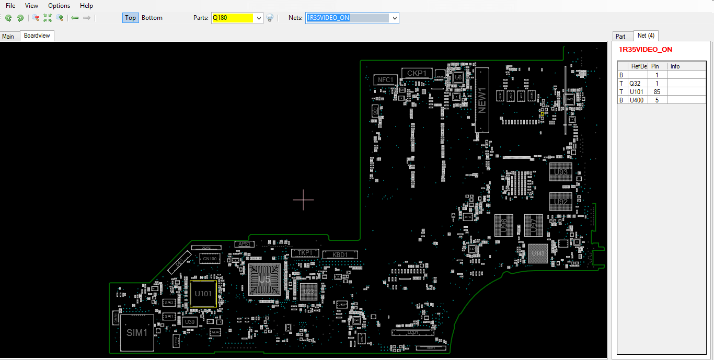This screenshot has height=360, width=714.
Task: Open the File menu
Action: (10, 6)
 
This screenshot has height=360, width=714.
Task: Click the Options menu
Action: (59, 6)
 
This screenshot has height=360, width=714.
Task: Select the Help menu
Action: (86, 6)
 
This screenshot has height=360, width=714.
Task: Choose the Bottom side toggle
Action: (152, 18)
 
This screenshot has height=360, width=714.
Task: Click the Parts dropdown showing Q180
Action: (237, 18)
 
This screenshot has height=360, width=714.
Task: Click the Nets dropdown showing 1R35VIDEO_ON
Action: (352, 18)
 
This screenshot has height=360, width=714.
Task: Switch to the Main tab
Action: (8, 37)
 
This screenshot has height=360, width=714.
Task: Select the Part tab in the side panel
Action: (620, 37)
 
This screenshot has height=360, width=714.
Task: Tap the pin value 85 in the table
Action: (657, 91)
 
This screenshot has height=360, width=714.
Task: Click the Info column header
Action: (675, 66)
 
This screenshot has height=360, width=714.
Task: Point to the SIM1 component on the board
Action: (137, 333)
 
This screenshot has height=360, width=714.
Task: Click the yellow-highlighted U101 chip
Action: (203, 294)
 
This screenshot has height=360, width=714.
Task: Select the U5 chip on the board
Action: (264, 280)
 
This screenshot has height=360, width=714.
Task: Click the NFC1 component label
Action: (386, 80)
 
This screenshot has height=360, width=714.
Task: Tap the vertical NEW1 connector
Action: (482, 100)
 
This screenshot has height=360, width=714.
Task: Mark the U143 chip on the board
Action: (538, 254)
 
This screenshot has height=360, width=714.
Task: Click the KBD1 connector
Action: (340, 254)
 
